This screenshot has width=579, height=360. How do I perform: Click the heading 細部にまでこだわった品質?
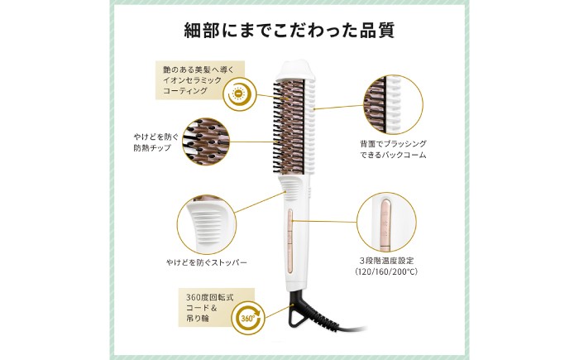(289, 31)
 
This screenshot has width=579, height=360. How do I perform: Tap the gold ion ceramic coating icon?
(238, 94)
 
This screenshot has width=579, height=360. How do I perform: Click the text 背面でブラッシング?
(393, 143)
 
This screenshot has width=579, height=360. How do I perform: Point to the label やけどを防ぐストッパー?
(207, 263)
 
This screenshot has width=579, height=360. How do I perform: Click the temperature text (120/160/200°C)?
(386, 271)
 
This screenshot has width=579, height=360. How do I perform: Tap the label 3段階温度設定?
(386, 261)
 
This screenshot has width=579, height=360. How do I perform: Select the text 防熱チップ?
(152, 148)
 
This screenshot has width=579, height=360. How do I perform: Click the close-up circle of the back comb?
(393, 105)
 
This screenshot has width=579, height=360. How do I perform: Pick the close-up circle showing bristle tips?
(206, 142)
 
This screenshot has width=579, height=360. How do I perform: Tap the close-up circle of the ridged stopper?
(207, 224)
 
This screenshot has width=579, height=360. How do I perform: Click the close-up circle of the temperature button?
(386, 222)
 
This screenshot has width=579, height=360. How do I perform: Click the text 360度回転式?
(210, 298)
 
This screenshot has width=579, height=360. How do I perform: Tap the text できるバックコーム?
(393, 155)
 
